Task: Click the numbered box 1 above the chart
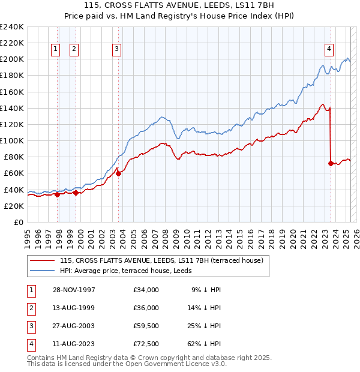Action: [55, 50]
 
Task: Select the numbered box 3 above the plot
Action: [116, 50]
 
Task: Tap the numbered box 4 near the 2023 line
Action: [329, 50]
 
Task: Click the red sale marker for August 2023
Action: [331, 163]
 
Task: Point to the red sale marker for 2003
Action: [118, 173]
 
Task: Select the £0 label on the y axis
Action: [18, 222]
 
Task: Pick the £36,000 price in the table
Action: [146, 308]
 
